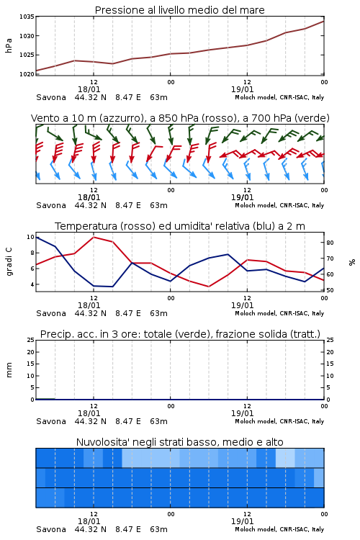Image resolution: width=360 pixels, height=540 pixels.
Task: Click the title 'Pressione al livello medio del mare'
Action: click(x=179, y=10)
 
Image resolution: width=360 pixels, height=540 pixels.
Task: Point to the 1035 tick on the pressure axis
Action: click(x=27, y=17)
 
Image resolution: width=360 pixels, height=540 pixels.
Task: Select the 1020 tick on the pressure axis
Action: click(x=27, y=74)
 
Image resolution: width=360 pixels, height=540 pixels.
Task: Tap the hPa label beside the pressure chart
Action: click(x=9, y=45)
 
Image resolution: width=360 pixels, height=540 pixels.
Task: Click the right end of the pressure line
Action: click(x=323, y=22)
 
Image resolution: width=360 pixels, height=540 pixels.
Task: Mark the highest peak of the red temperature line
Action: click(x=94, y=237)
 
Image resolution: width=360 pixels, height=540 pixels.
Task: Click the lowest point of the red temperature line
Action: click(x=209, y=287)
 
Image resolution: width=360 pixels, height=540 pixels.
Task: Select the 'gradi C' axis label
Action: click(x=9, y=262)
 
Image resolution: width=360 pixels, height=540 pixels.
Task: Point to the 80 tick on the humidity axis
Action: click(x=330, y=243)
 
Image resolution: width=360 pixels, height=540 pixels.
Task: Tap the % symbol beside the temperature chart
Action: click(x=352, y=262)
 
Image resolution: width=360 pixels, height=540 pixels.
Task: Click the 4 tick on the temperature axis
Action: click(x=32, y=284)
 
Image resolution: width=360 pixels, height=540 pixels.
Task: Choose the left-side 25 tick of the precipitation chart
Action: click(x=31, y=340)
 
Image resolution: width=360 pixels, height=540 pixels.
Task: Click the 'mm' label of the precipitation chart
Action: click(x=9, y=370)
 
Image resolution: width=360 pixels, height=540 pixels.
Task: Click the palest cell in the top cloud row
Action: click(x=285, y=458)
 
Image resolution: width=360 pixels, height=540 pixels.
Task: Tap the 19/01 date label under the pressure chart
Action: click(x=242, y=89)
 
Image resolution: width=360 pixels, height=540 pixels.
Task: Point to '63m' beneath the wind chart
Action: click(x=158, y=205)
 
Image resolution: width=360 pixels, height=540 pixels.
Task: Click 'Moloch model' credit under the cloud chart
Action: click(x=256, y=529)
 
